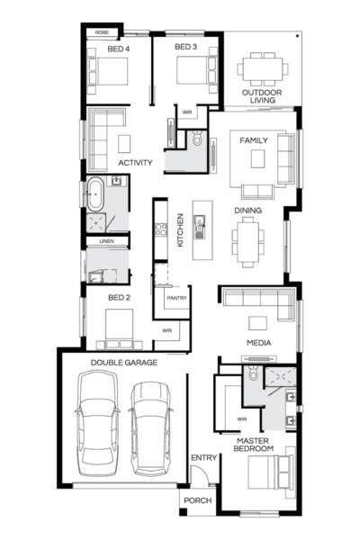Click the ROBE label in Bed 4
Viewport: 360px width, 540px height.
pyautogui.click(x=102, y=32)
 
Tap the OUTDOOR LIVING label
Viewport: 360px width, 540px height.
pyautogui.click(x=262, y=96)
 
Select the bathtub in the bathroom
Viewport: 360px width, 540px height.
pyautogui.click(x=95, y=193)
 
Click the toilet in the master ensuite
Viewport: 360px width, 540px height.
pyautogui.click(x=253, y=373)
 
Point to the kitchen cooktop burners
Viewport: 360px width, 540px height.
pyautogui.click(x=160, y=229)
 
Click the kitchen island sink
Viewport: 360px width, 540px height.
pyautogui.click(x=200, y=227)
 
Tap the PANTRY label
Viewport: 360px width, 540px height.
pyautogui.click(x=176, y=298)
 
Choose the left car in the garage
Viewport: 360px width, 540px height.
pyautogui.click(x=98, y=423)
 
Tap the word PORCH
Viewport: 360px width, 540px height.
pyautogui.click(x=198, y=500)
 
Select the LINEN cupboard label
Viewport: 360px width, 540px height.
pyautogui.click(x=106, y=241)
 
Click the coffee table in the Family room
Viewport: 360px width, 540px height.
pyautogui.click(x=257, y=158)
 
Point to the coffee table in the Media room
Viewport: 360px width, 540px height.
pyautogui.click(x=257, y=323)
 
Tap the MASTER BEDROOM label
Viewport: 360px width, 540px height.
pyautogui.click(x=254, y=445)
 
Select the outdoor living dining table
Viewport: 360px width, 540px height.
pyautogui.click(x=263, y=69)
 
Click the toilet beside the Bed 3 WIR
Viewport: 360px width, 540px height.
pyautogui.click(x=197, y=138)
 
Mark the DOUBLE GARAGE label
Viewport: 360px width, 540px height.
pyautogui.click(x=124, y=363)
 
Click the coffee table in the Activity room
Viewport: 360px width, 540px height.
pyautogui.click(x=124, y=144)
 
